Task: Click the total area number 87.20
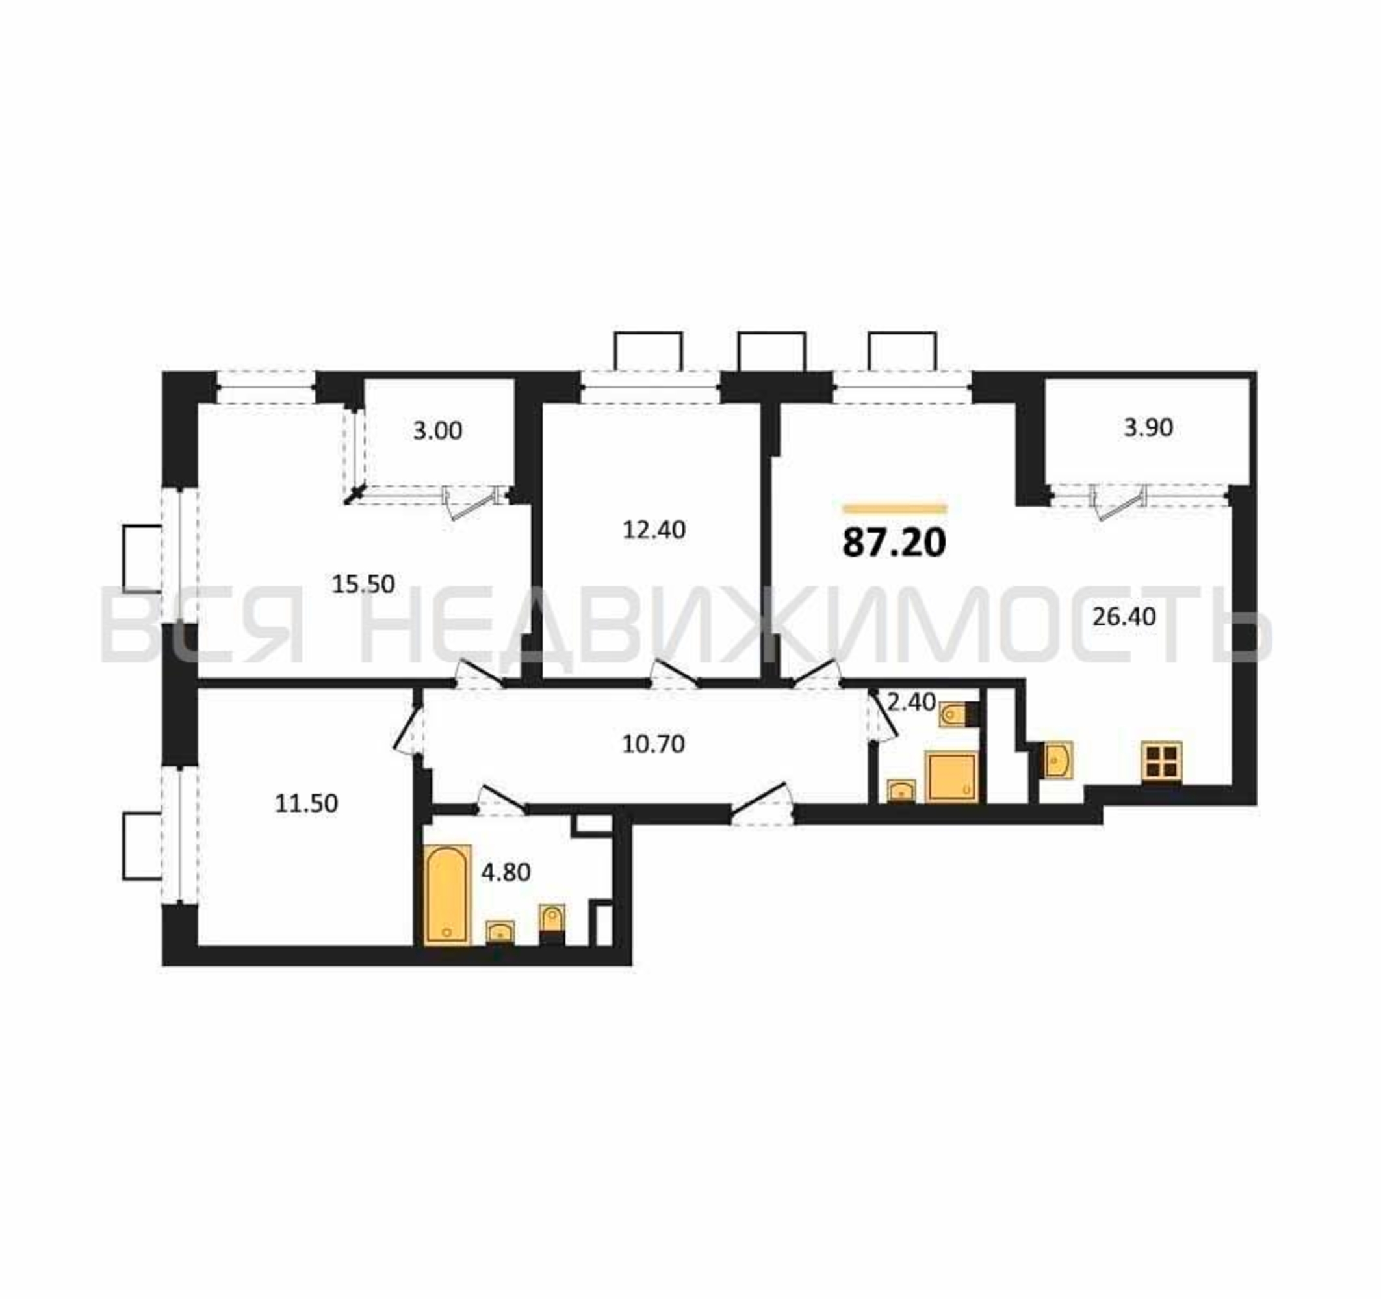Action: pos(894,542)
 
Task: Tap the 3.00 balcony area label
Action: pos(437,431)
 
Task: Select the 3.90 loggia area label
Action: pos(1148,427)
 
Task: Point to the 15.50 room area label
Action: pos(363,584)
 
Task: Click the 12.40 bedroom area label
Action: pos(654,530)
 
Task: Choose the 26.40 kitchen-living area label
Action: pos(1124,616)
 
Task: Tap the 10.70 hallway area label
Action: pos(653,744)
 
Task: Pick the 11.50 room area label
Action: pos(306,803)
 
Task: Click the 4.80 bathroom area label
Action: pos(506,872)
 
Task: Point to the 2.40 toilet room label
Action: pos(911,702)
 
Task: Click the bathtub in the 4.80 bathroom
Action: pos(447,895)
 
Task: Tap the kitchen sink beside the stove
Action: pos(1057,759)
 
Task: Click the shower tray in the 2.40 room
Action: pos(951,777)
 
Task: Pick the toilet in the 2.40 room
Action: pos(959,714)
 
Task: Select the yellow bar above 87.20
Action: pos(894,509)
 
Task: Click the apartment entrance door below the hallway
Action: pos(762,804)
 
